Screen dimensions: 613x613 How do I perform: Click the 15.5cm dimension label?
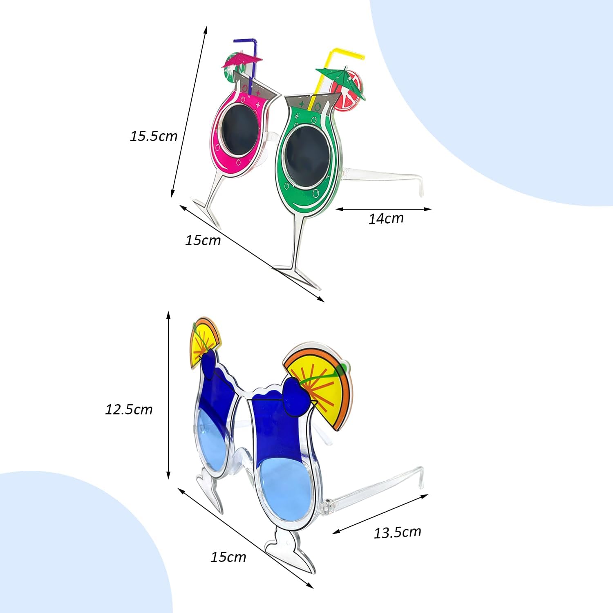point(154,136)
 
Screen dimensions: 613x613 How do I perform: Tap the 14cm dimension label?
point(386,219)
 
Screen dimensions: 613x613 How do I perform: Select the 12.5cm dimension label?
point(129,409)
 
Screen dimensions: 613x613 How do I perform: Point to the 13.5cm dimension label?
point(397,532)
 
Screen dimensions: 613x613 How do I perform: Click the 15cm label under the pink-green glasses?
point(203,240)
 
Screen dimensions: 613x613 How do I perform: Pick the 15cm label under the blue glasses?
point(228,557)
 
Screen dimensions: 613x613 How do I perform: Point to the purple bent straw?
point(253,57)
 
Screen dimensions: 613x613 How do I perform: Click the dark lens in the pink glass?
point(239,130)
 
